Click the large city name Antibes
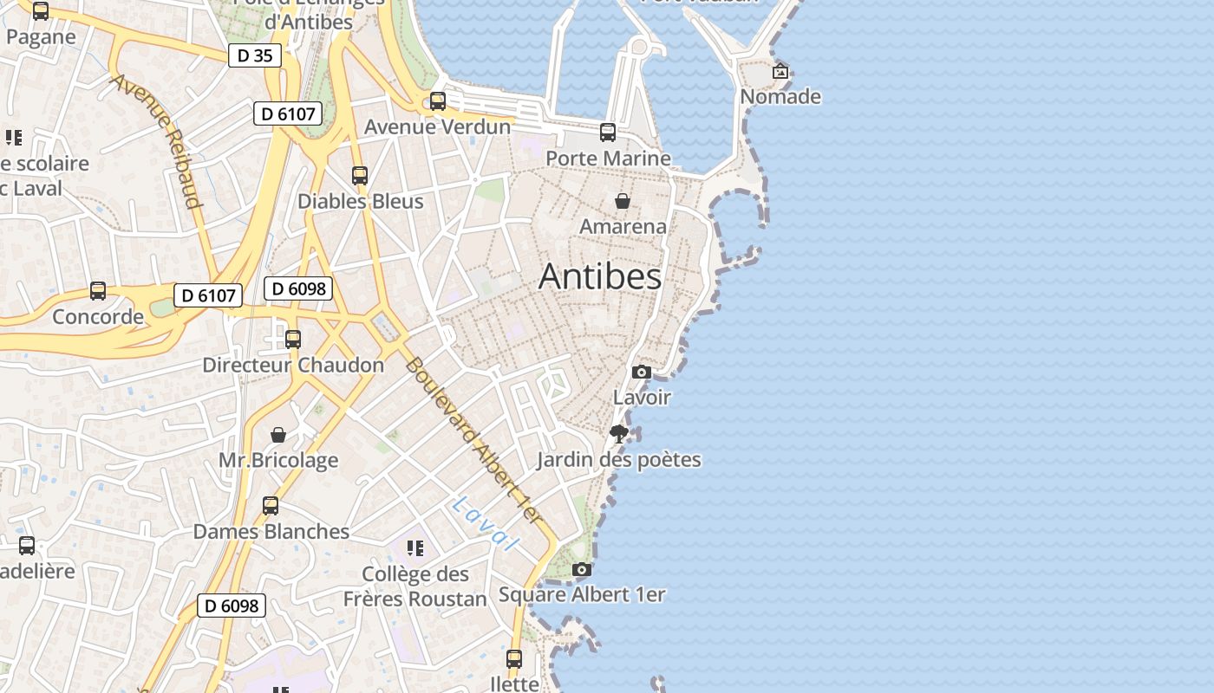pyautogui.click(x=600, y=276)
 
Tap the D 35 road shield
pyautogui.click(x=255, y=55)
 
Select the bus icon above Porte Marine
pyautogui.click(x=608, y=133)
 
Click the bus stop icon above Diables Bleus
pyautogui.click(x=360, y=176)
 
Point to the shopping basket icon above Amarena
pyautogui.click(x=623, y=201)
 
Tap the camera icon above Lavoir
pyautogui.click(x=642, y=372)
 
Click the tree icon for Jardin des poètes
pyautogui.click(x=618, y=433)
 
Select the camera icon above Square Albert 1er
pyautogui.click(x=582, y=569)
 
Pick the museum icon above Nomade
pyautogui.click(x=780, y=71)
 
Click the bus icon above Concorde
pyautogui.click(x=98, y=291)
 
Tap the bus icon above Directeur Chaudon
pyautogui.click(x=293, y=339)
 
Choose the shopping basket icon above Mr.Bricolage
pyautogui.click(x=278, y=434)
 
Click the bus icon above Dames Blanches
pyautogui.click(x=271, y=506)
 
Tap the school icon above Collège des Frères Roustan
pyautogui.click(x=415, y=547)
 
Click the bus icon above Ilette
pyautogui.click(x=514, y=659)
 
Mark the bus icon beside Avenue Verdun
pyautogui.click(x=438, y=101)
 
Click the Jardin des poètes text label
pyautogui.click(x=618, y=459)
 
